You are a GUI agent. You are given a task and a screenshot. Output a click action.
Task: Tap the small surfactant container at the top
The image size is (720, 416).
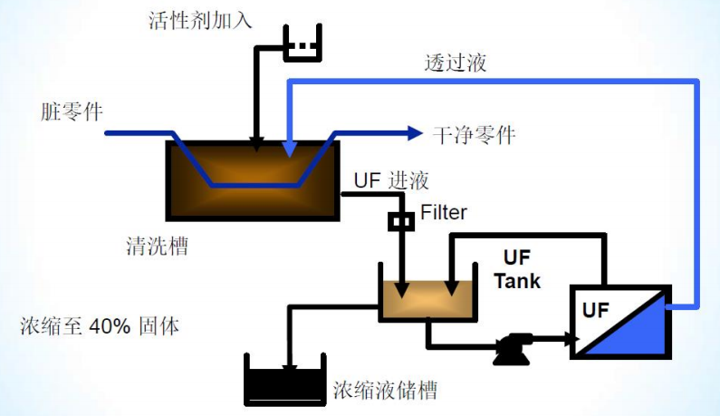click(x=302, y=45)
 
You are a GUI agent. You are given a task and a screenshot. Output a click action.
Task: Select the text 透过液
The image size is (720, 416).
click(x=455, y=63)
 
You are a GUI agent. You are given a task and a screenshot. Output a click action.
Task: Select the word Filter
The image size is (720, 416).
click(x=444, y=214)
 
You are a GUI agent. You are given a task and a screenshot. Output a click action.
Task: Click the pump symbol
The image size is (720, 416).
click(x=514, y=348)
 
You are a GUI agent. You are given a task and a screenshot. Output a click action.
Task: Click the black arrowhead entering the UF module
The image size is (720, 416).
click(x=571, y=340)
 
